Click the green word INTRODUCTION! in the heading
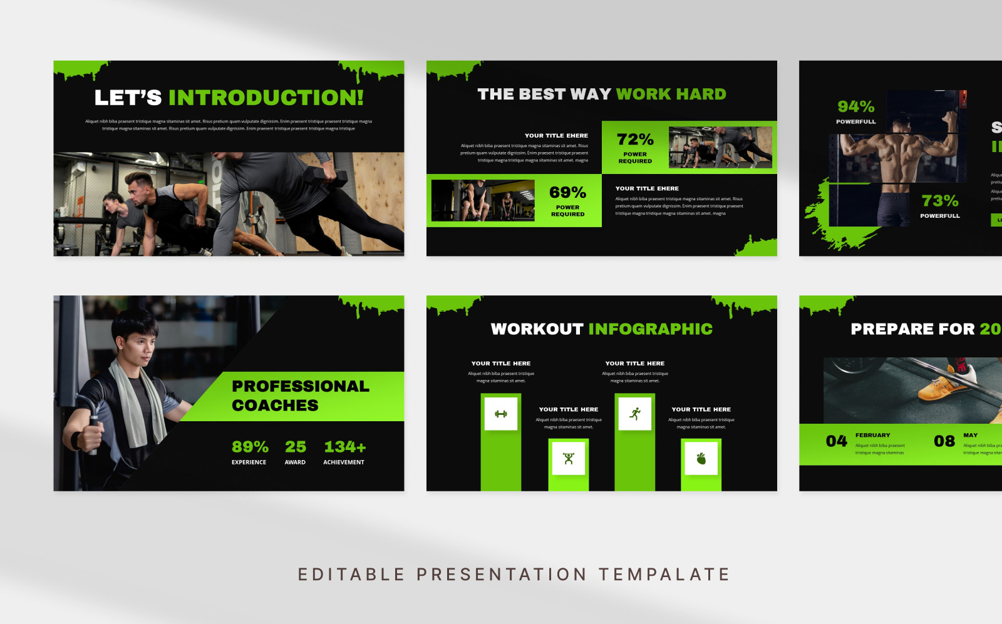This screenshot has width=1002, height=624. coord(266,98)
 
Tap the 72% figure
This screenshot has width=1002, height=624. coord(634,139)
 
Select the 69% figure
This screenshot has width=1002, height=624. coord(567,192)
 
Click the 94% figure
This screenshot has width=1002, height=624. coord(855,106)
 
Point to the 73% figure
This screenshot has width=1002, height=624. coord(939,200)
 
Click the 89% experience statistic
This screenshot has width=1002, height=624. coord(250,447)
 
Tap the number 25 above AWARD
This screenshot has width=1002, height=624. coord(296,447)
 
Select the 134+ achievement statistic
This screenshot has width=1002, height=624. coord(344,447)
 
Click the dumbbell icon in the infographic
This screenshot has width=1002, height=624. coord(501,414)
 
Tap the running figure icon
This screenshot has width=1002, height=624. coord(635,414)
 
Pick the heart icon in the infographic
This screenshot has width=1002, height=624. coord(701,459)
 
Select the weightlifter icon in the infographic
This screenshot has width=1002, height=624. coord(569,459)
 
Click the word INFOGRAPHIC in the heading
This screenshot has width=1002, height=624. coord(650,329)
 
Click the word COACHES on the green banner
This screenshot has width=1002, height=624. coord(275,406)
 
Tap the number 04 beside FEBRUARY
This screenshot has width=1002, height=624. coord(836,441)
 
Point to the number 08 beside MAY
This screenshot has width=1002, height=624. coord(944,441)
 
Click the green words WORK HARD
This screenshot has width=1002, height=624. coord(671,95)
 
